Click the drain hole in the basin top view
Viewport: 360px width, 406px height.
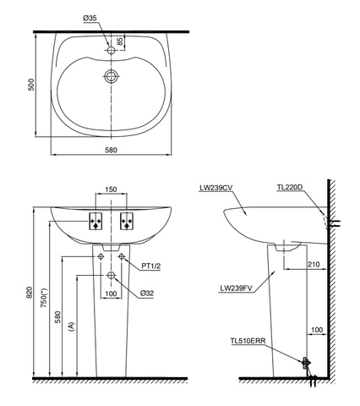pyautogui.click(x=110, y=77)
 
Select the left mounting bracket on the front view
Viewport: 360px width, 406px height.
pyautogui.click(x=96, y=222)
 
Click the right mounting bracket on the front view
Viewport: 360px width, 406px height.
pyautogui.click(x=128, y=222)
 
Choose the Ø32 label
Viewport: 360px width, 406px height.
pyautogui.click(x=147, y=294)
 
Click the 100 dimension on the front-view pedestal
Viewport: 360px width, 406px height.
pyautogui.click(x=111, y=294)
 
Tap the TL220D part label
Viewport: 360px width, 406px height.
pyautogui.click(x=291, y=188)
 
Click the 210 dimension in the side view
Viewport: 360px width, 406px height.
pyautogui.click(x=312, y=264)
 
